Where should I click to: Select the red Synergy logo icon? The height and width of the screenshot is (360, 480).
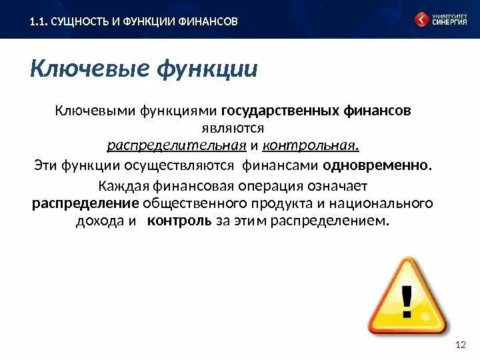[x=421, y=19]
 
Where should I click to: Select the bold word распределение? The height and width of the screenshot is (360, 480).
[x=86, y=203]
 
